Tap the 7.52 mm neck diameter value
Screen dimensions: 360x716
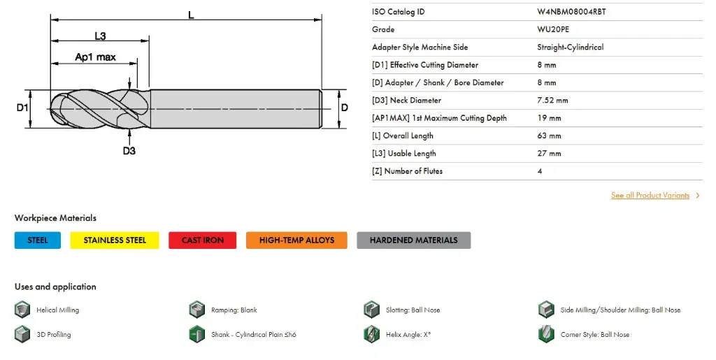pyautogui.click(x=552, y=100)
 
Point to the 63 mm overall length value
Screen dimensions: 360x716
pyautogui.click(x=549, y=136)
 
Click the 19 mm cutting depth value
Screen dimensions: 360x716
pyautogui.click(x=549, y=118)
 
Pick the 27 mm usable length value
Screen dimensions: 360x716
pyautogui.click(x=549, y=153)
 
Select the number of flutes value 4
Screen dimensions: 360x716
pyautogui.click(x=540, y=171)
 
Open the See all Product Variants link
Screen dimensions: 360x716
pyautogui.click(x=650, y=196)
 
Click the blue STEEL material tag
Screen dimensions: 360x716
pyautogui.click(x=38, y=240)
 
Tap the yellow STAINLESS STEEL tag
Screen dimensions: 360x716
pyautogui.click(x=115, y=240)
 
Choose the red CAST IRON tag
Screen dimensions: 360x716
pyautogui.click(x=203, y=240)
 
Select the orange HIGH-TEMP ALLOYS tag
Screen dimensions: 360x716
pyautogui.click(x=296, y=240)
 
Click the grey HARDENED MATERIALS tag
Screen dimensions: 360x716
pyautogui.click(x=413, y=240)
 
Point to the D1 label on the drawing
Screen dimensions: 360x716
pyautogui.click(x=22, y=108)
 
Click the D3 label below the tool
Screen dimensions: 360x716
pyautogui.click(x=129, y=150)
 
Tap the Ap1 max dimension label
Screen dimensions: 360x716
pyautogui.click(x=95, y=57)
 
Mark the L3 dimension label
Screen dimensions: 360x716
pyautogui.click(x=100, y=36)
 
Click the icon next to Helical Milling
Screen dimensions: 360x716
pyautogui.click(x=22, y=310)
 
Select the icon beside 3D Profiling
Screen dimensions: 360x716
pyautogui.click(x=22, y=334)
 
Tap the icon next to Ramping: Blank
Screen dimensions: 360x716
pyautogui.click(x=197, y=310)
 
